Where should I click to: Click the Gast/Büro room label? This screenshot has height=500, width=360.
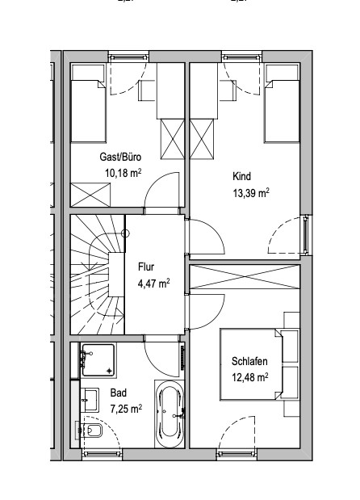[120, 157]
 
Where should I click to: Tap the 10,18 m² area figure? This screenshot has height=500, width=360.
[123, 173]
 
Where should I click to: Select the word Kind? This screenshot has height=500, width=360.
[242, 176]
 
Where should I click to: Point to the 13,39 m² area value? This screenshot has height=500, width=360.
[251, 193]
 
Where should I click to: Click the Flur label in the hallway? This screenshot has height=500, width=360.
[146, 267]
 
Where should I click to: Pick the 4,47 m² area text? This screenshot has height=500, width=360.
[153, 284]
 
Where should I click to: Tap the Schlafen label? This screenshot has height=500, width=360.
[249, 361]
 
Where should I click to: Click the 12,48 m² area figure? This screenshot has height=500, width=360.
[249, 377]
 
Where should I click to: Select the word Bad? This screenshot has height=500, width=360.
[119, 393]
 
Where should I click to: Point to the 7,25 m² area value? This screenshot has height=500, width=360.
[126, 409]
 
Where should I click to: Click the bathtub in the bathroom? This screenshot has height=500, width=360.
[170, 414]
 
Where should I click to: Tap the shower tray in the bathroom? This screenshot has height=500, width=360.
[98, 360]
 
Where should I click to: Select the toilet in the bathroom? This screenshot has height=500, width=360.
[89, 431]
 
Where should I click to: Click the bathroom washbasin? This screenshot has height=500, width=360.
[90, 399]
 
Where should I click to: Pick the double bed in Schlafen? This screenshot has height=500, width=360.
[251, 364]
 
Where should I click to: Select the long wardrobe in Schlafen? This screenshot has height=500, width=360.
[245, 277]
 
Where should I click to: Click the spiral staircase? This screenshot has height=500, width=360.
[98, 275]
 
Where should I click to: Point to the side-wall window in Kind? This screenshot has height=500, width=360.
[306, 235]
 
